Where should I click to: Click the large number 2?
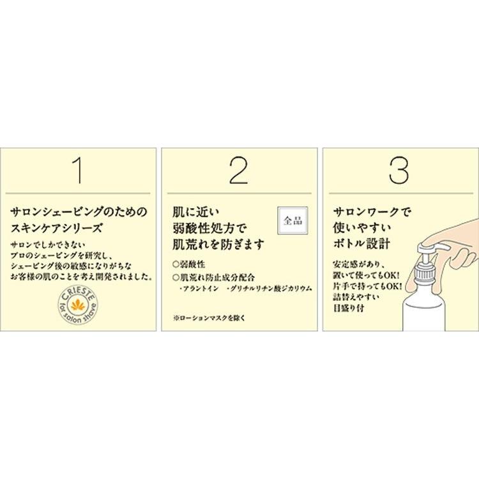pos(238,170)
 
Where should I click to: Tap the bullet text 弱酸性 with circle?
pos(190,263)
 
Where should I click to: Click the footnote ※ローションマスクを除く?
pos(209,317)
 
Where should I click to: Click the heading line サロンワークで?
pos(369,210)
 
